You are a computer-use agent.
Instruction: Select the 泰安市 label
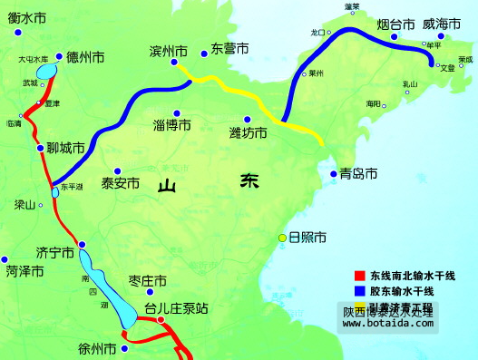[121, 182]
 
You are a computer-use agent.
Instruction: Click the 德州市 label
[85, 57]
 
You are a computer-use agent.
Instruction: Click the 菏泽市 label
[24, 270]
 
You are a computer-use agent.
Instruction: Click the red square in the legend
[357, 276]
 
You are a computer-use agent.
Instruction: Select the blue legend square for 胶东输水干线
[357, 291]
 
